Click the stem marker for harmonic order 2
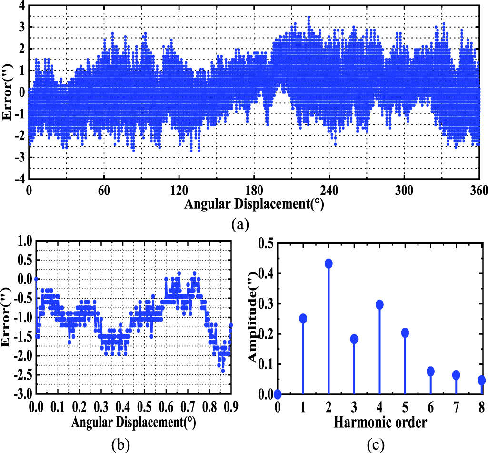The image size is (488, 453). pyautogui.click(x=329, y=263)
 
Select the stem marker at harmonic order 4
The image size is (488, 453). pyautogui.click(x=379, y=304)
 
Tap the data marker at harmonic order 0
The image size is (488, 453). pyautogui.click(x=278, y=394)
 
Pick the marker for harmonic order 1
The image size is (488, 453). pyautogui.click(x=303, y=318)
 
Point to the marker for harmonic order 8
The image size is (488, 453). pyautogui.click(x=481, y=380)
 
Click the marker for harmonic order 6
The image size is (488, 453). pyautogui.click(x=430, y=371)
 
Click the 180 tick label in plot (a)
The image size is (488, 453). pyautogui.click(x=254, y=190)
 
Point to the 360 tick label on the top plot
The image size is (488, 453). pyautogui.click(x=478, y=190)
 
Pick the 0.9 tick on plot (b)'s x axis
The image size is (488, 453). pyautogui.click(x=230, y=406)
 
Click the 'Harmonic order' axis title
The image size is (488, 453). pyautogui.click(x=380, y=421)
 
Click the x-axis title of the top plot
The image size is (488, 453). pyautogui.click(x=254, y=204)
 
